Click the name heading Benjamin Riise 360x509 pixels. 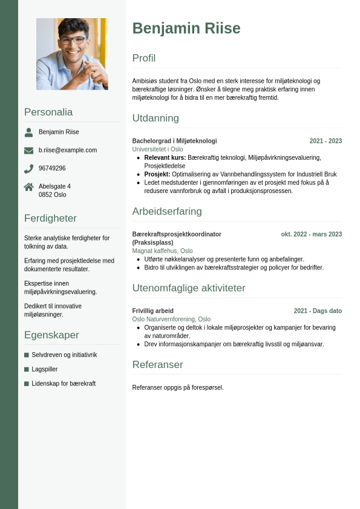pyautogui.click(x=186, y=28)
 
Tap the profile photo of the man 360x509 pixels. pyautogui.click(x=72, y=54)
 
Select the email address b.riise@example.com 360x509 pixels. pyautogui.click(x=68, y=150)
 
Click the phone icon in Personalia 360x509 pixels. pyautogui.click(x=28, y=168)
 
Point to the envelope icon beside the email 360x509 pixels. pyautogui.click(x=28, y=150)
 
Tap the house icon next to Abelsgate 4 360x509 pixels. pyautogui.click(x=28, y=187)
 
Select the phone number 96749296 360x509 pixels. pyautogui.click(x=52, y=168)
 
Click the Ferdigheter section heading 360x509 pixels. pyautogui.click(x=50, y=218)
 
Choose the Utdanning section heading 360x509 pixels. pyautogui.click(x=155, y=118)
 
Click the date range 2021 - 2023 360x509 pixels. pyautogui.click(x=326, y=141)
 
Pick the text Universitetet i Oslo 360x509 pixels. pyautogui.click(x=157, y=149)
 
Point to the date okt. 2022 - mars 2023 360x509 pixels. pyautogui.click(x=311, y=234)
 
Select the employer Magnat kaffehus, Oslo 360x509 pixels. pyautogui.click(x=162, y=251)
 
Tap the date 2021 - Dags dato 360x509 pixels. pyautogui.click(x=318, y=311)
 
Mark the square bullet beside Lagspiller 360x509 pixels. pyautogui.click(x=27, y=369)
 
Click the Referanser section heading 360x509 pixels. pyautogui.click(x=157, y=365)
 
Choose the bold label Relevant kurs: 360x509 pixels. pyautogui.click(x=165, y=157)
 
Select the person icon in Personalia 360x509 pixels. pyautogui.click(x=28, y=132)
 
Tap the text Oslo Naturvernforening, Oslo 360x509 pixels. pyautogui.click(x=171, y=319)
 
